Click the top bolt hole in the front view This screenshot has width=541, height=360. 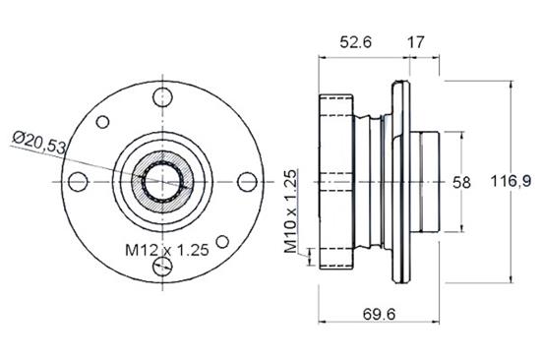(x=161, y=96)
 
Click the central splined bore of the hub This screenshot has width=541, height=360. (x=161, y=182)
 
